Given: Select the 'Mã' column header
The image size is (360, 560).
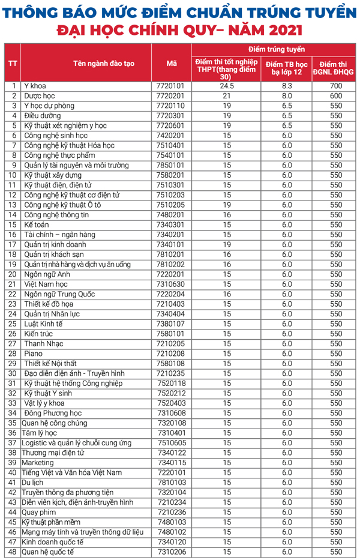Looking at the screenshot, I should pyautogui.click(x=172, y=62).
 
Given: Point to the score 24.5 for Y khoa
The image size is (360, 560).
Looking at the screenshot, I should pyautogui.click(x=226, y=86).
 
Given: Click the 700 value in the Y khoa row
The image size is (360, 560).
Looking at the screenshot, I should pyautogui.click(x=336, y=86).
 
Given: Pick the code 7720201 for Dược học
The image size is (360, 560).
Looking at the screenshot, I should pyautogui.click(x=173, y=96).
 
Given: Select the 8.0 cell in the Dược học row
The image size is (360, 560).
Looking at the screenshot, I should pyautogui.click(x=286, y=96).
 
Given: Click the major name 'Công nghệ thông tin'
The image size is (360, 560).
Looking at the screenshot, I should pyautogui.click(x=56, y=215).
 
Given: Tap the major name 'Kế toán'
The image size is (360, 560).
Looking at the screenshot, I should pyautogui.click(x=37, y=225).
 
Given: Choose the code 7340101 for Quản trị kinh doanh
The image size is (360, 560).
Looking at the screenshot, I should pyautogui.click(x=173, y=245).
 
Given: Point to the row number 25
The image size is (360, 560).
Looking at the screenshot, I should pyautogui.click(x=12, y=324).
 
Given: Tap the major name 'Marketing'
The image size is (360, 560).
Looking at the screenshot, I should pyautogui.click(x=37, y=463).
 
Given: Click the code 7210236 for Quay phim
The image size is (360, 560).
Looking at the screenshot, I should pyautogui.click(x=173, y=512).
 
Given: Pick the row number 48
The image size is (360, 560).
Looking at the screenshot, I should pyautogui.click(x=12, y=552).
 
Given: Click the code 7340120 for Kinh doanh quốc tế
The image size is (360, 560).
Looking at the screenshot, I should pyautogui.click(x=173, y=542).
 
